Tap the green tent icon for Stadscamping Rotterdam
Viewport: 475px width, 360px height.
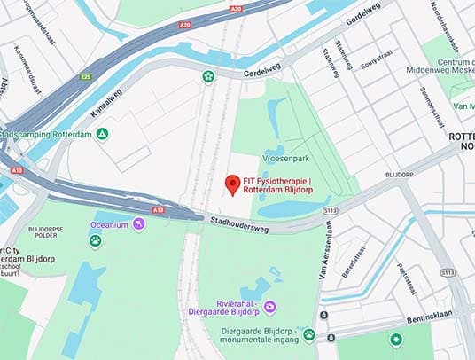(104, 134)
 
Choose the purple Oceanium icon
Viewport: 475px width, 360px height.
(139, 224)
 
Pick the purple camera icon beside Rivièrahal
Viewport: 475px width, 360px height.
(269, 307)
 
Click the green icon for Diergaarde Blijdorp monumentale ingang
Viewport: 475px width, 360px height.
(308, 334)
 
